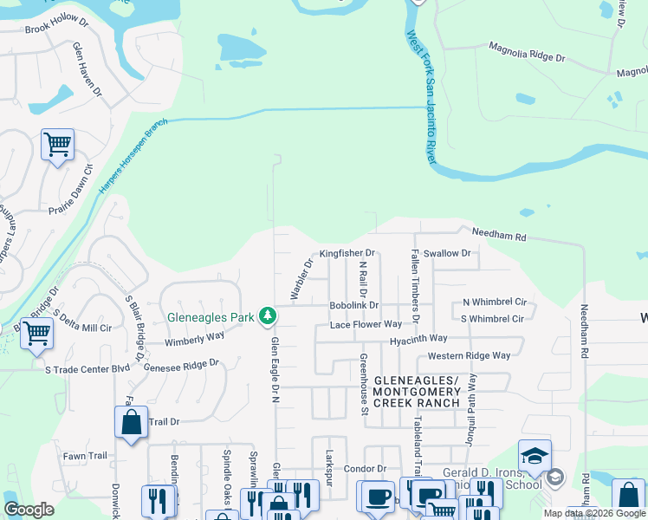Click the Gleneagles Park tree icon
click(x=269, y=316)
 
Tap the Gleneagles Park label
click(x=211, y=317)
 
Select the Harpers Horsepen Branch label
click(x=132, y=156)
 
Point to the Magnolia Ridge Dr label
click(x=527, y=51)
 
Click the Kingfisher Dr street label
click(x=347, y=253)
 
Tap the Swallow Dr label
click(x=447, y=253)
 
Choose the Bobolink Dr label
click(x=353, y=305)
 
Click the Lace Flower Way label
click(x=366, y=324)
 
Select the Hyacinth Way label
click(x=418, y=338)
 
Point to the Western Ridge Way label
click(x=469, y=355)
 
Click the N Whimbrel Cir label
click(x=495, y=302)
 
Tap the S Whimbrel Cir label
click(x=493, y=318)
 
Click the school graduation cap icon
click(x=535, y=456)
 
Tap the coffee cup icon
click(x=376, y=497)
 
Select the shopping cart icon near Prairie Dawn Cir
click(x=57, y=144)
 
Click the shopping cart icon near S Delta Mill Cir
click(x=36, y=333)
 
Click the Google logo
click(x=29, y=510)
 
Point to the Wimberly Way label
click(x=195, y=340)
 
